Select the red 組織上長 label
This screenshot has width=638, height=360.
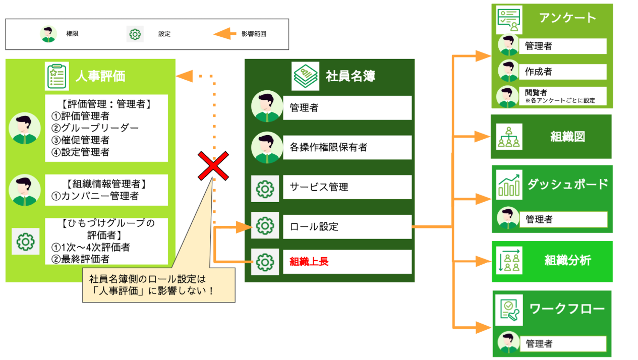(x=309, y=262)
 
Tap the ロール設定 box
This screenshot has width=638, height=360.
(x=347, y=226)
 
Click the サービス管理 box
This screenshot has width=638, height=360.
(x=347, y=187)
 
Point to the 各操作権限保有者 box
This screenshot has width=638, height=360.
(x=347, y=147)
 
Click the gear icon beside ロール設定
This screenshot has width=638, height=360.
(x=265, y=226)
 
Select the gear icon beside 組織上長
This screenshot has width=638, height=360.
(x=265, y=262)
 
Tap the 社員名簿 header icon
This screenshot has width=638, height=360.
(x=306, y=76)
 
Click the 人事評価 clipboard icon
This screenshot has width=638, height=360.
(x=56, y=76)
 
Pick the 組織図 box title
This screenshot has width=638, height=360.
(x=567, y=137)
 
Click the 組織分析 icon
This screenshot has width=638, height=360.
(x=509, y=260)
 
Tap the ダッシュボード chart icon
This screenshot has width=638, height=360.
(x=509, y=185)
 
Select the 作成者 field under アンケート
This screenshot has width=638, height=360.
(x=562, y=72)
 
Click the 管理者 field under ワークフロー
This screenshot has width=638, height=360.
(x=562, y=344)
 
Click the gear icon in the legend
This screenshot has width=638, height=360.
(x=135, y=34)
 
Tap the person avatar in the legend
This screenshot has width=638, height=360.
(x=48, y=34)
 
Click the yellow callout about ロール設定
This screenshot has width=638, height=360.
(x=159, y=285)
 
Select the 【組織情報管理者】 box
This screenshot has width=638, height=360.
(x=106, y=190)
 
